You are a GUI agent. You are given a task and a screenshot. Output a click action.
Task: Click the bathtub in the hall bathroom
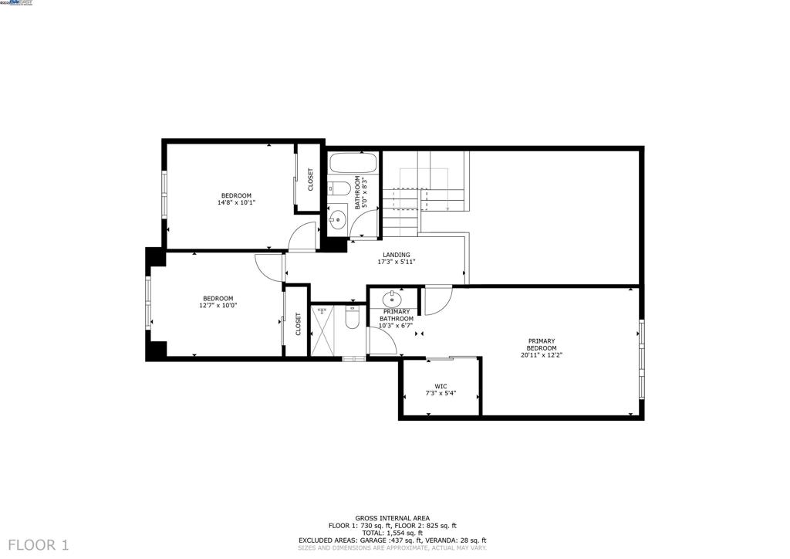353,164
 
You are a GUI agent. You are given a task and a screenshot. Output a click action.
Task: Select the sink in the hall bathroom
337,219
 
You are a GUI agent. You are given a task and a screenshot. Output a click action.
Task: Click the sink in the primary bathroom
391,298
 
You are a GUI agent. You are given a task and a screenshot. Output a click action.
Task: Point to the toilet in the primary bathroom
353,317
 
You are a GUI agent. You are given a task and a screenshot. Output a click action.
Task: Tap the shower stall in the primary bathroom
324,331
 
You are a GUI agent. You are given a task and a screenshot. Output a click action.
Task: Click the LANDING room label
397,255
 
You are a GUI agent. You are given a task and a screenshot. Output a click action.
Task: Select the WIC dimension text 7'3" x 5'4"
441,393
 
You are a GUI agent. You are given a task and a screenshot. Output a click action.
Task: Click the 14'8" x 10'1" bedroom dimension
236,203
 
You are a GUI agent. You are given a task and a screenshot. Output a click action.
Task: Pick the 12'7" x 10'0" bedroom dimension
218,306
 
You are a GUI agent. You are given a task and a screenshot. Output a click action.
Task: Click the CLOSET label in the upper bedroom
311,180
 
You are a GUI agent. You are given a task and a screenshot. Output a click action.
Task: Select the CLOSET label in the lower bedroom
298,324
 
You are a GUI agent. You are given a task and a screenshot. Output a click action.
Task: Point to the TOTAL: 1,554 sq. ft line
392,533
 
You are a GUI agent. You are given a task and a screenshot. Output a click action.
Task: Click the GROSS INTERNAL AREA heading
392,518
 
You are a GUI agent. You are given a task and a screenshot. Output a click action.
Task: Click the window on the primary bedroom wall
640,360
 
